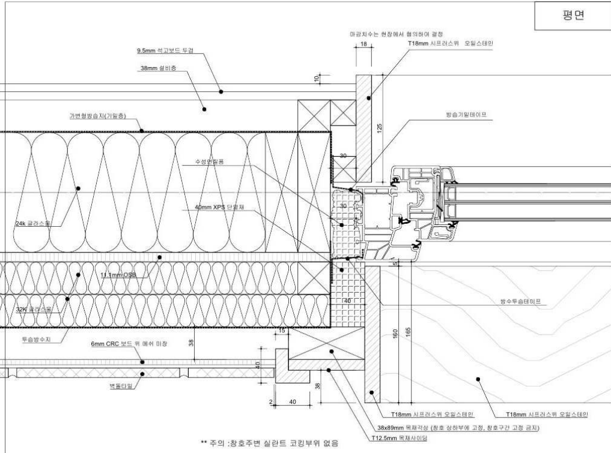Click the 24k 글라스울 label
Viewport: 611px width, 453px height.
33,223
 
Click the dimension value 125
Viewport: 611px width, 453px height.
379,128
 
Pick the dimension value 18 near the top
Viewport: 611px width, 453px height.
363,44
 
